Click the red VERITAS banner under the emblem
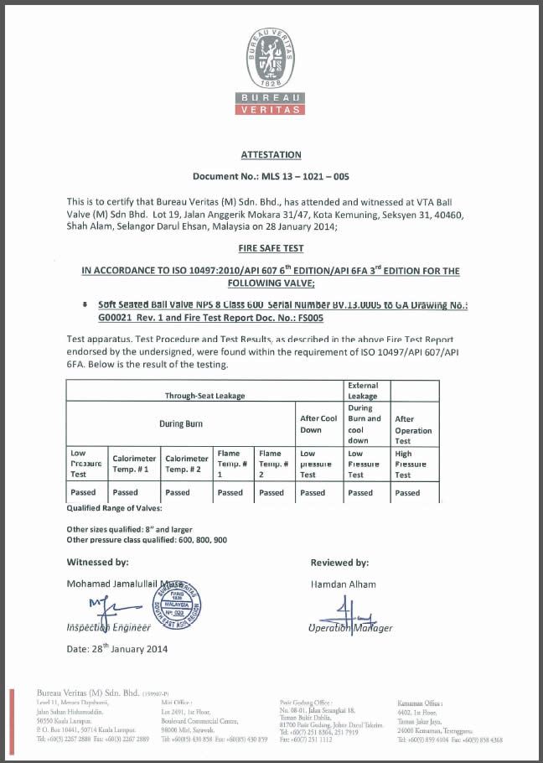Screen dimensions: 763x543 point(271,109)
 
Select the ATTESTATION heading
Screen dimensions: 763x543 point(271,155)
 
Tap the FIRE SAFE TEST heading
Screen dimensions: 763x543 point(271,249)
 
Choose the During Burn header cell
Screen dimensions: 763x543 point(181,424)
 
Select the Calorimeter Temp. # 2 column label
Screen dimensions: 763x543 point(186,464)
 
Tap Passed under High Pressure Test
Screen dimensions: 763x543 point(407,493)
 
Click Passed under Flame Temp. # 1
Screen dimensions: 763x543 point(230,493)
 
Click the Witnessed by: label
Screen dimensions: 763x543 point(98,563)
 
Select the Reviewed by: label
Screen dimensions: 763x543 point(339,563)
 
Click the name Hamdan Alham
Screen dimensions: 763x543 point(343,584)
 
